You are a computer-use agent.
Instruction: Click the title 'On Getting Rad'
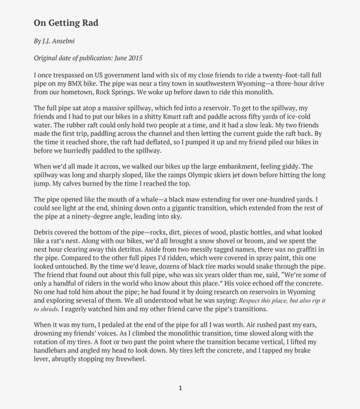pos(66,23)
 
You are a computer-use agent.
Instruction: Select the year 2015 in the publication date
pos(135,58)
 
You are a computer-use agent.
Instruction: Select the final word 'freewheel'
pos(128,359)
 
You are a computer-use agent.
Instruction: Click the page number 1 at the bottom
pos(180,388)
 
